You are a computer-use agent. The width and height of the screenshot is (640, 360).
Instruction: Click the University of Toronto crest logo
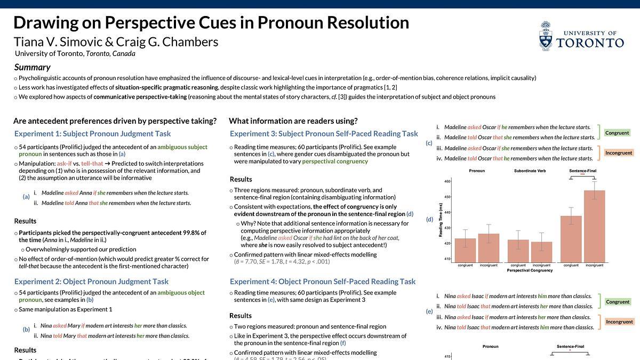pos(546,36)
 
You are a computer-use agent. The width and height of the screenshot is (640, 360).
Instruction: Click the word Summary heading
pos(32,67)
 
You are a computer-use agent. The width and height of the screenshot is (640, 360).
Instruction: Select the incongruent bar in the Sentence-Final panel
pos(594,226)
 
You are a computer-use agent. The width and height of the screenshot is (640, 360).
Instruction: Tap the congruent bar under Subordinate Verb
pos(518,251)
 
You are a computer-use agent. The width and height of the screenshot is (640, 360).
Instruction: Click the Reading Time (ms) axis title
pos(441,220)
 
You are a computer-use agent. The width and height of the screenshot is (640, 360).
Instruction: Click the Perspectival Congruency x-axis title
pos(529,270)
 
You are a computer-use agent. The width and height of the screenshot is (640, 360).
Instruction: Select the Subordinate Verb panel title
pos(530,171)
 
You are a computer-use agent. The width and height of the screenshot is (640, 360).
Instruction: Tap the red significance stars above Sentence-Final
pos(582,174)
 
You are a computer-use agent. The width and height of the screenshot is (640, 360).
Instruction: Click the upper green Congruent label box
pos(618,133)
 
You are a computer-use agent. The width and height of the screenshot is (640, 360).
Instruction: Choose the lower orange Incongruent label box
pos(619,322)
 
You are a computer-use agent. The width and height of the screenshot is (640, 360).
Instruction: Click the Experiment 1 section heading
pos(92,133)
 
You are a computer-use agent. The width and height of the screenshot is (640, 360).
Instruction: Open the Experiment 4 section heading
pos(322,281)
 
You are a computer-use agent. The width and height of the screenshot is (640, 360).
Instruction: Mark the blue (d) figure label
pos(429,219)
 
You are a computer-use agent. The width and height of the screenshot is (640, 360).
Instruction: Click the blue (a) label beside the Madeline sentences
pos(26,196)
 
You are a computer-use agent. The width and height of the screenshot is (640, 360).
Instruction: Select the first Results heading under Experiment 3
pos(241,179)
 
